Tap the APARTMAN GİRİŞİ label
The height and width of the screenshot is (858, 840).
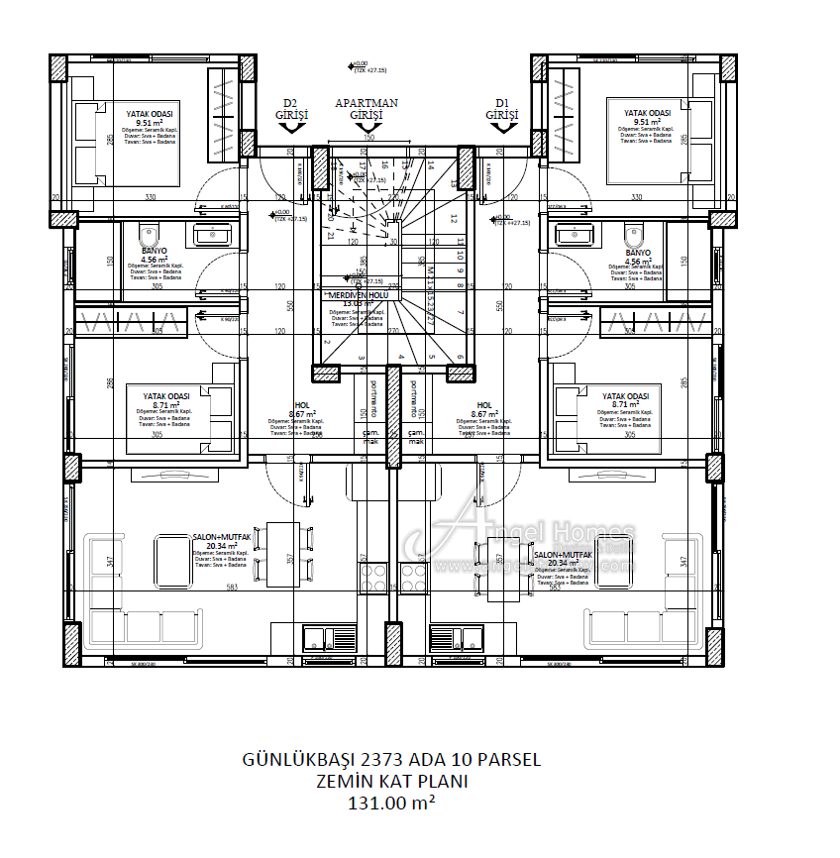tap(367, 109)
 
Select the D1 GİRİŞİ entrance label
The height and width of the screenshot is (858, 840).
tap(502, 109)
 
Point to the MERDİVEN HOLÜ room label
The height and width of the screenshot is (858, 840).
tap(359, 295)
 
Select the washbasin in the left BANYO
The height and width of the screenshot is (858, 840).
tap(212, 235)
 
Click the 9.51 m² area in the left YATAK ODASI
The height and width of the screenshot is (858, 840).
tap(149, 123)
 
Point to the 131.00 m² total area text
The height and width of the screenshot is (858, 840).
tap(391, 804)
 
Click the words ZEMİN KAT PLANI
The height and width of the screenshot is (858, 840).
tap(391, 782)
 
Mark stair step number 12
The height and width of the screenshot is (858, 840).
tap(453, 219)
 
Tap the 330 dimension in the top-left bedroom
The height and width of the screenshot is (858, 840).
tap(151, 197)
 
